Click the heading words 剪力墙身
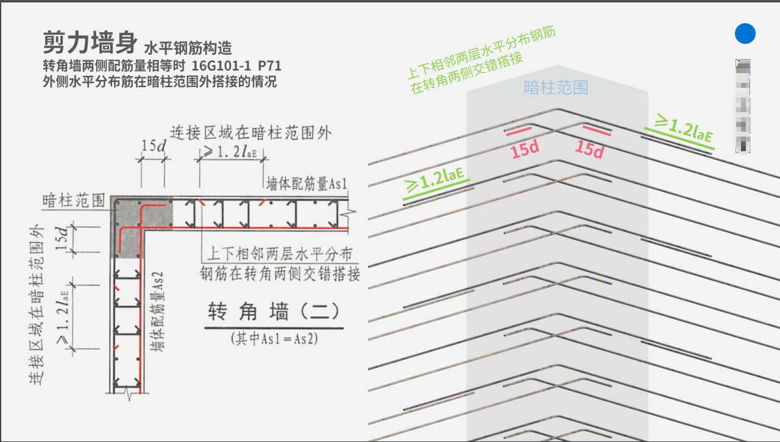[90, 42]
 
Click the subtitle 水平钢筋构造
[188, 48]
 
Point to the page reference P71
[269, 65]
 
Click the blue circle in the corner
[745, 34]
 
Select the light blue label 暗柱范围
[556, 87]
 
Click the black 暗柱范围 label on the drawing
[73, 201]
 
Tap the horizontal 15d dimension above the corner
[153, 146]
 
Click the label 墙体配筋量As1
[307, 184]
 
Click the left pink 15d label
[525, 149]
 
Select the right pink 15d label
[589, 149]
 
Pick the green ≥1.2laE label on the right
[683, 129]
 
